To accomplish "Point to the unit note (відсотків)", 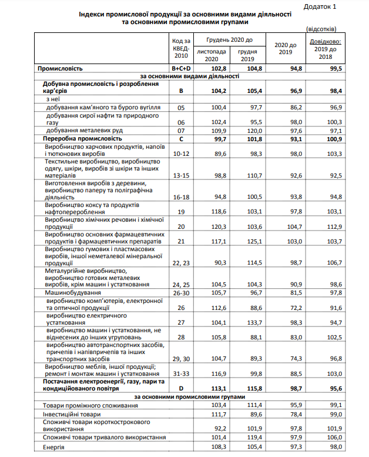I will click(321, 28).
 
